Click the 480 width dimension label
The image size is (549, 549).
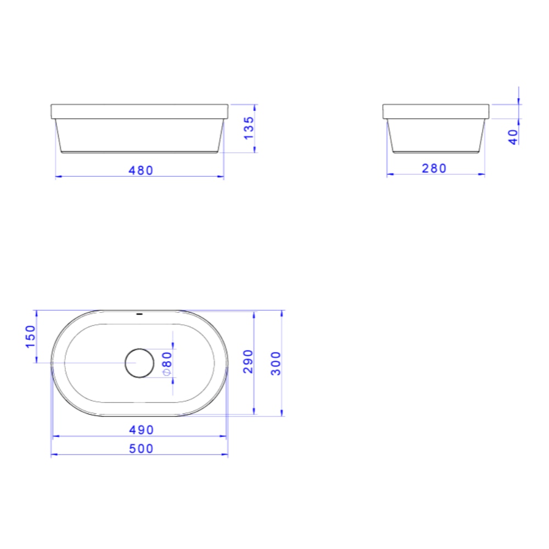pos(141,170)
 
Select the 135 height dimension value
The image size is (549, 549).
pos(249,127)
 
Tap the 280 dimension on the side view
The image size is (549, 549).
pos(434,169)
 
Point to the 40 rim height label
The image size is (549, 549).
pos(513,137)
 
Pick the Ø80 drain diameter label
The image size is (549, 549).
pos(167,363)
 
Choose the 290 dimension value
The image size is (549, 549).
pos(248,361)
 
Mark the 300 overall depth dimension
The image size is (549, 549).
pos(276,363)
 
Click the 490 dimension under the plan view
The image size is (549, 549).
pos(141,430)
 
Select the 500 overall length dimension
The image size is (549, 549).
pos(141,449)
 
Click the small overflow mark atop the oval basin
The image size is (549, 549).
pos(139,314)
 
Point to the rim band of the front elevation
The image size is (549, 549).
pos(139,112)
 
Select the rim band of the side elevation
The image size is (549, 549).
pos(436,111)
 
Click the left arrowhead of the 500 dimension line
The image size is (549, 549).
pos(53,455)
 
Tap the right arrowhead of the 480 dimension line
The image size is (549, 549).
pos(221,177)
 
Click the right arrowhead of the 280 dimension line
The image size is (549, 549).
pos(483,175)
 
